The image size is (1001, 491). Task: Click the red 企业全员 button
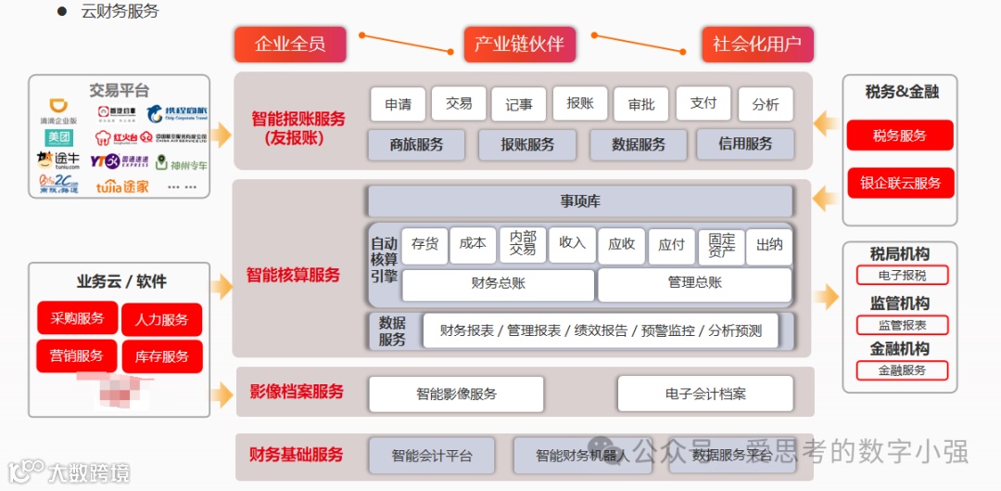(290, 45)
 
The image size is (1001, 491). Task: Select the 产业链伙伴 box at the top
(519, 45)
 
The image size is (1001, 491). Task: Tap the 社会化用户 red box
(757, 45)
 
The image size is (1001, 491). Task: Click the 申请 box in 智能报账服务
(398, 105)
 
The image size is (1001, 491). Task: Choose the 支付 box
(703, 103)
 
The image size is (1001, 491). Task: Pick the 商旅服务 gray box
(416, 145)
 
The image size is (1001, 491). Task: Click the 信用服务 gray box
(745, 144)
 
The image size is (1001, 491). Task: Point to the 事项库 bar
(580, 201)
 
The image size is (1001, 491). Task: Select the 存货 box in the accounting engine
(424, 244)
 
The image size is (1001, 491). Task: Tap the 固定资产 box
(721, 245)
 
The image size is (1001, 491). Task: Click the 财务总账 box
(498, 284)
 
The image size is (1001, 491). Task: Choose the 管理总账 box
(694, 283)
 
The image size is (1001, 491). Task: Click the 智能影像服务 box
(456, 394)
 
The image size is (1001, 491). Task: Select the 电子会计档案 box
(705, 394)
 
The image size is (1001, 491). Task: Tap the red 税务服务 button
(899, 136)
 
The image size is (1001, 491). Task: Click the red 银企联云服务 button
(899, 183)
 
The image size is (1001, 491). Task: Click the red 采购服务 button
(78, 318)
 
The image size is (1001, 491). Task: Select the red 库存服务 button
(161, 356)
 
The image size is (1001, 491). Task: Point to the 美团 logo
(59, 137)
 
